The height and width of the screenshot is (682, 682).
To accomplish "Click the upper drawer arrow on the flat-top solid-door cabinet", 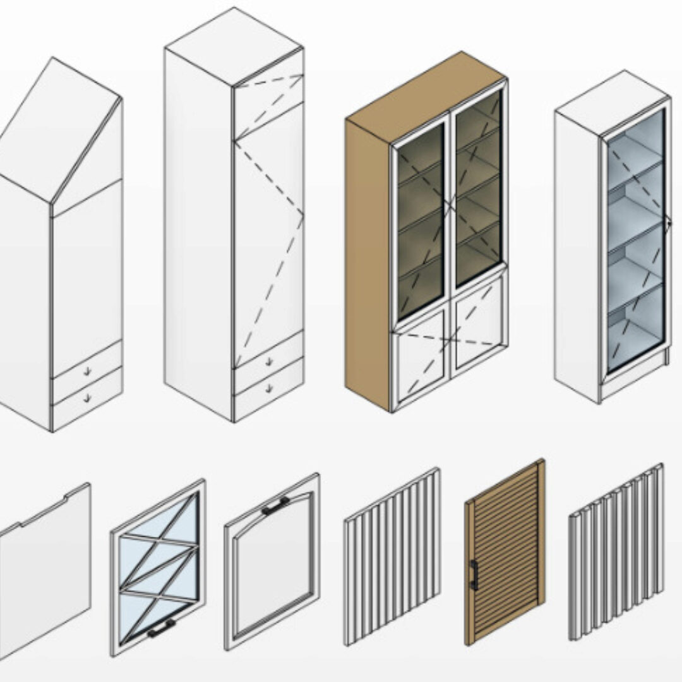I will pyautogui.click(x=268, y=361).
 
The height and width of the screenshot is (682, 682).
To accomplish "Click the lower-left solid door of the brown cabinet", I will pyautogui.click(x=420, y=357).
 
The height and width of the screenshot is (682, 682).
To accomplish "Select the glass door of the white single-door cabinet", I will pyautogui.click(x=635, y=240).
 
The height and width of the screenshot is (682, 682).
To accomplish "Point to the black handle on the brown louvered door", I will pyautogui.click(x=473, y=575).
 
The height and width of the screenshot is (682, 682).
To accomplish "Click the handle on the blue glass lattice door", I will pyautogui.click(x=161, y=627).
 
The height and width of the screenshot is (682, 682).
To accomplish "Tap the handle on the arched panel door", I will pyautogui.click(x=275, y=506).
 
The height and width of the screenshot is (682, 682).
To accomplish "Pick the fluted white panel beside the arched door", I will pyautogui.click(x=392, y=556).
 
